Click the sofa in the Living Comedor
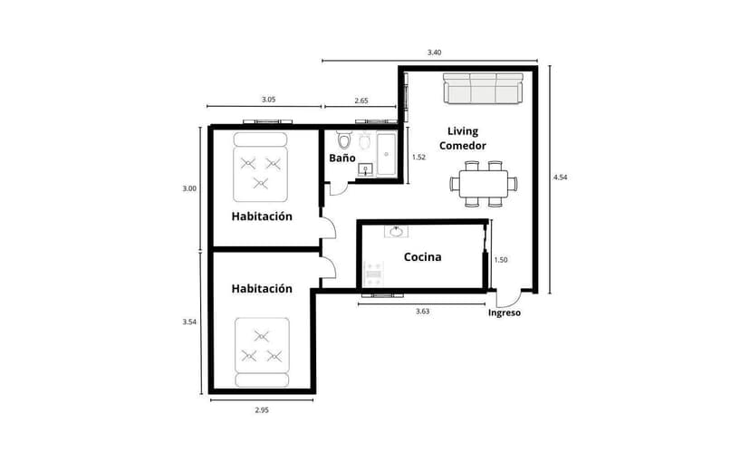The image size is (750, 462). click(x=483, y=88)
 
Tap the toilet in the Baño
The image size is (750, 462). click(x=344, y=142)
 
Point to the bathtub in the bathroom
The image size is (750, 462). click(x=387, y=154)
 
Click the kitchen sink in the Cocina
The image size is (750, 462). click(x=396, y=232)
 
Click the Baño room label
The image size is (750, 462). click(x=341, y=158)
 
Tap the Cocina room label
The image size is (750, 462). click(x=422, y=257)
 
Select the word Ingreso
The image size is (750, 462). click(x=505, y=313)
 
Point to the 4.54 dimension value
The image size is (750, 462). click(x=560, y=178)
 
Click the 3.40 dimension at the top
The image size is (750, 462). click(x=434, y=53)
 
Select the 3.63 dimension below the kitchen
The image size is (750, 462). click(x=422, y=311)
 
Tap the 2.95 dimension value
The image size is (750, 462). click(x=261, y=410)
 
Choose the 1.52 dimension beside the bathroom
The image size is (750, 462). click(x=418, y=157)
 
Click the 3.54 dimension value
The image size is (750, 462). click(x=188, y=322)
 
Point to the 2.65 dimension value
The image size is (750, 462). click(x=361, y=100)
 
